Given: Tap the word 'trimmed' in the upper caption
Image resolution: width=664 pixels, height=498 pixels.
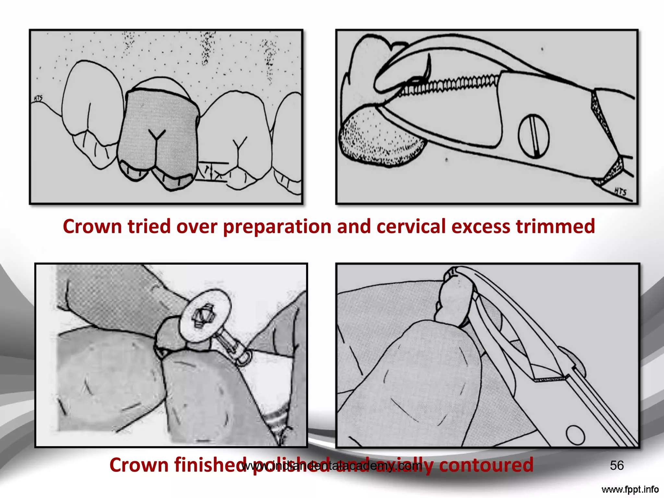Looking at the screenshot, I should [555, 226].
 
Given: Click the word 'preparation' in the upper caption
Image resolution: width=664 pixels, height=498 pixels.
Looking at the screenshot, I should [277, 226].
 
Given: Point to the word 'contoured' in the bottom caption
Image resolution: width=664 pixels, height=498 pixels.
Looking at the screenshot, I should [486, 465].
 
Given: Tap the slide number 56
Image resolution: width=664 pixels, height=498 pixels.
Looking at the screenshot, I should [617, 466].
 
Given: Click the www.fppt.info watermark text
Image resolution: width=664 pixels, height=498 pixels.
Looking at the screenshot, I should [630, 489].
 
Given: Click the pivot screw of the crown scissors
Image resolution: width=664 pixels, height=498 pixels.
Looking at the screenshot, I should [533, 136].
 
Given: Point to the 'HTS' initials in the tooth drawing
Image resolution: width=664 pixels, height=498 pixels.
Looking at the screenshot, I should [38, 98].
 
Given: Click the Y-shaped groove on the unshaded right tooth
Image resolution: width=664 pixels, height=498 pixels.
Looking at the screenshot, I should [239, 151].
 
